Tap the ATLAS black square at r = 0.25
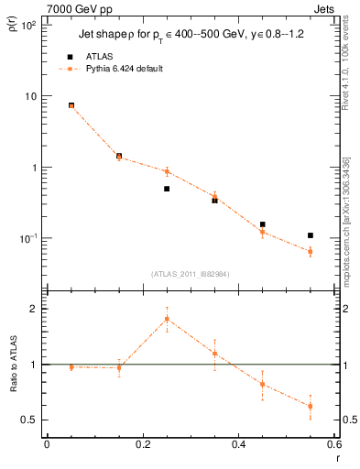[167, 189]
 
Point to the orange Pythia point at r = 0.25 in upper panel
[167, 171]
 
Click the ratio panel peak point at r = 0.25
[167, 319]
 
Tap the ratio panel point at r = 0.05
[71, 367]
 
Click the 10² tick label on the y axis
[27, 26]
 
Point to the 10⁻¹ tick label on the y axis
[27, 238]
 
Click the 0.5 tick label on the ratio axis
[29, 420]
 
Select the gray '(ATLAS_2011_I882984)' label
[190, 274]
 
